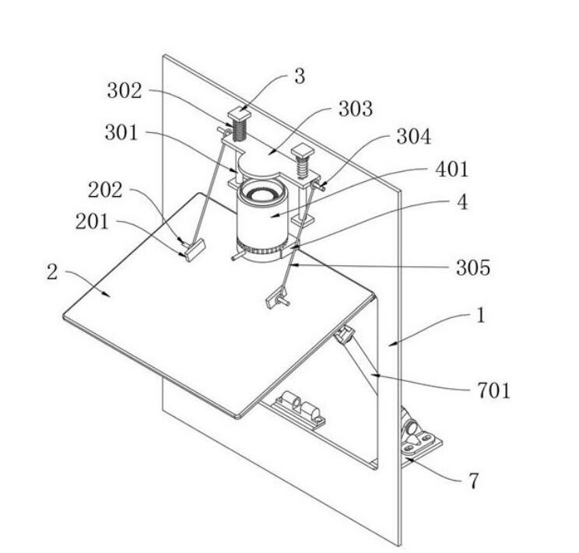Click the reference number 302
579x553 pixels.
pyautogui.click(x=124, y=91)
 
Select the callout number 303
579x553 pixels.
pyautogui.click(x=355, y=108)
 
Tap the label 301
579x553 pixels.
pyautogui.click(x=121, y=133)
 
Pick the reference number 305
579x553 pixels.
pyautogui.click(x=474, y=268)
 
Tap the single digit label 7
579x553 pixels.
pyautogui.click(x=473, y=481)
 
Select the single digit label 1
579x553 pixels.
pyautogui.click(x=482, y=317)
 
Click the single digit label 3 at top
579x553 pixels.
pyautogui.click(x=300, y=76)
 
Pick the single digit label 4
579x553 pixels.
pyautogui.click(x=463, y=202)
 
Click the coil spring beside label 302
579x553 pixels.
pyautogui.click(x=239, y=127)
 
